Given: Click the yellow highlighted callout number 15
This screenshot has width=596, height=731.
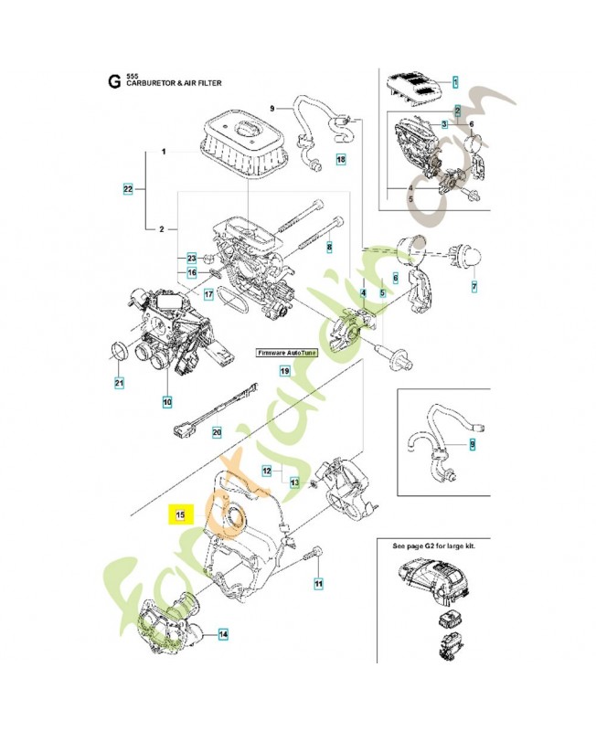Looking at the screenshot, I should (181, 515).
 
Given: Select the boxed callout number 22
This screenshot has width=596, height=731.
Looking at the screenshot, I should (129, 190).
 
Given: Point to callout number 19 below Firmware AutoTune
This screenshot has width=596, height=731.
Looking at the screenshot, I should (284, 372).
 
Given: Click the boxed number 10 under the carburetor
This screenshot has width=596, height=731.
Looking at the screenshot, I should (167, 400).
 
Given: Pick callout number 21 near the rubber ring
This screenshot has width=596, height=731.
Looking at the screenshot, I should (118, 382).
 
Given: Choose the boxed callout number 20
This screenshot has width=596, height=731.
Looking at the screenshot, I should (217, 432).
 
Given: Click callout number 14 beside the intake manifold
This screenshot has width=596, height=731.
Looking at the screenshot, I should (223, 633).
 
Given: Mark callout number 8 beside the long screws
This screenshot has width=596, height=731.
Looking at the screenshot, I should (329, 248).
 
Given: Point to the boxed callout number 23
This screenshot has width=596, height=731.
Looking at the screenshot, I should (192, 258).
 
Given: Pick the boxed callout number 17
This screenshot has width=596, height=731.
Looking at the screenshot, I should (208, 294).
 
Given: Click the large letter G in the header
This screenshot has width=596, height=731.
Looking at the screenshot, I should (113, 79).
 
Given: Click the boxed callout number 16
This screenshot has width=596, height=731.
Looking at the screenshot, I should (192, 272).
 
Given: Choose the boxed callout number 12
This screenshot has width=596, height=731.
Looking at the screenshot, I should (267, 471).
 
